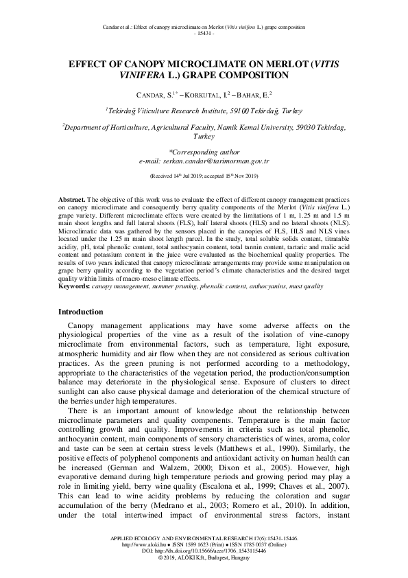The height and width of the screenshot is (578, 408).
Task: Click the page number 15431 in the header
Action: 204,33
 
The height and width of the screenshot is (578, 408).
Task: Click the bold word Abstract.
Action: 71,197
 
